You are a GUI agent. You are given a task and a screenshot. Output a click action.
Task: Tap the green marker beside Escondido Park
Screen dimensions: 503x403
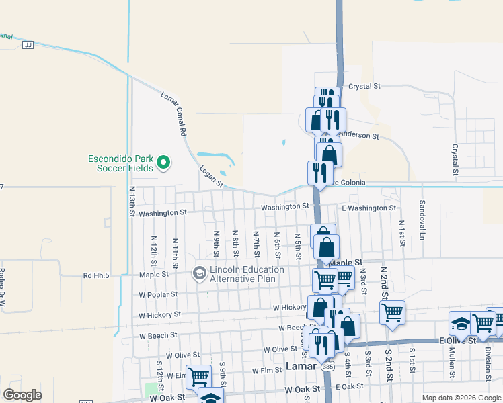point(163,162)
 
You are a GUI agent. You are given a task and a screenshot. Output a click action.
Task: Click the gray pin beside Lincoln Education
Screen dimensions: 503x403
point(199,273)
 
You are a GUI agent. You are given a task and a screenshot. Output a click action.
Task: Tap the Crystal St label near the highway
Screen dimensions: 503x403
point(364,87)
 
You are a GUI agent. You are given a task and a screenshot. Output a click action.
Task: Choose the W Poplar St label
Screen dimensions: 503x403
point(158,294)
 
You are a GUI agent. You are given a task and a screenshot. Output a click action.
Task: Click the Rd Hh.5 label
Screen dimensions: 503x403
point(97,275)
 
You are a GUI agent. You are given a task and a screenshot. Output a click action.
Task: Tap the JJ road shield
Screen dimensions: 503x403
point(28,45)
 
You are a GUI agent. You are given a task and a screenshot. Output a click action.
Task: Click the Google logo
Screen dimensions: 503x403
point(22,395)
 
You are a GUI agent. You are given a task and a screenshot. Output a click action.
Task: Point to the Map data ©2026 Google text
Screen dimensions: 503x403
point(461,398)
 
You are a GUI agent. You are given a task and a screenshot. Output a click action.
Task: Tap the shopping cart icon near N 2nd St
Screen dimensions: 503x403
point(392,312)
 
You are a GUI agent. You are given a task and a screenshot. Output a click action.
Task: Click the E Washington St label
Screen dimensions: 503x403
point(369,208)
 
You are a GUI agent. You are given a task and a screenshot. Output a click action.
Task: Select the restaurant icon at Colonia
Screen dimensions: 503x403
point(319,172)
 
